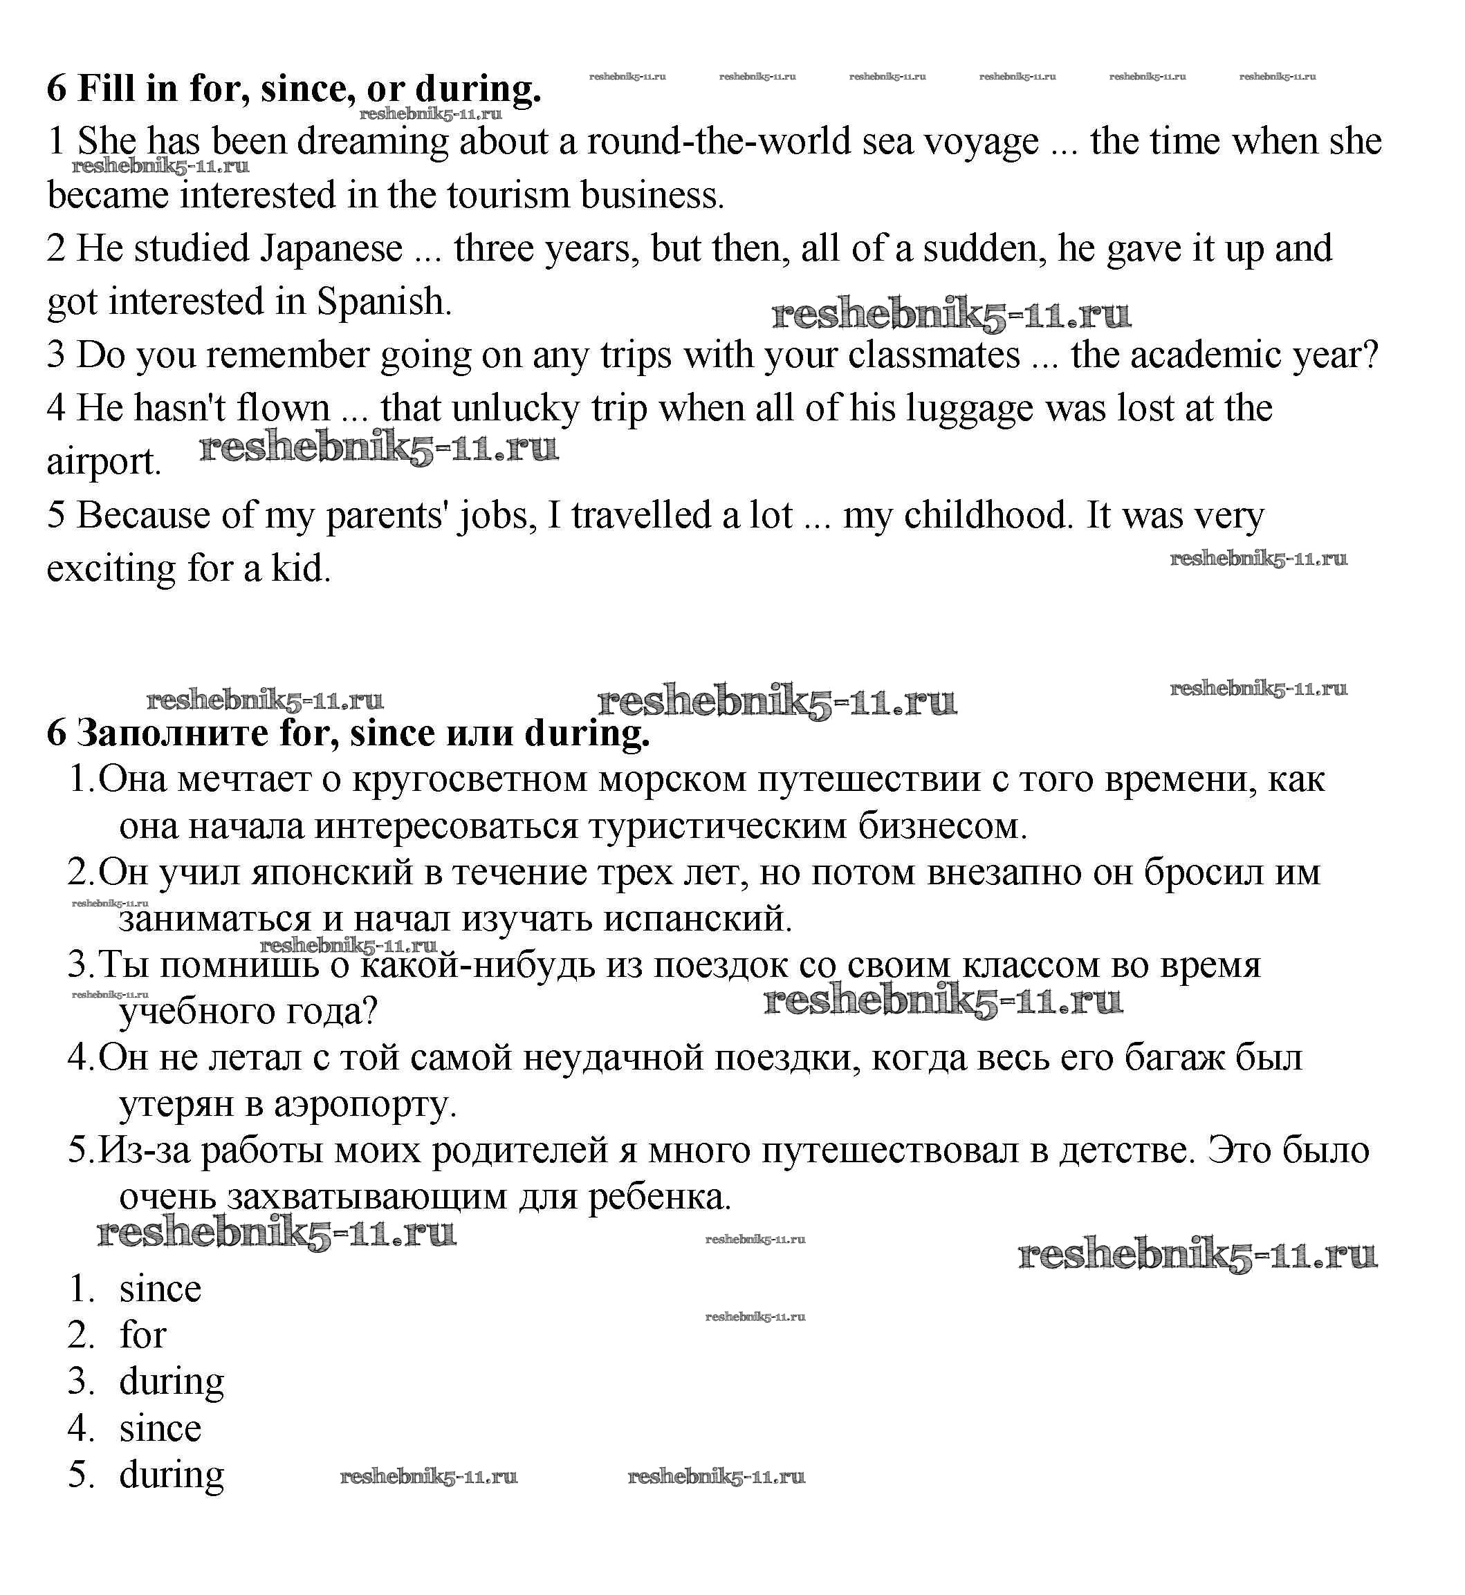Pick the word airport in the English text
(x=103, y=463)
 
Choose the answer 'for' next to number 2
(x=142, y=1335)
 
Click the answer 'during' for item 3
(x=172, y=1382)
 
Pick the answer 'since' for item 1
(x=160, y=1289)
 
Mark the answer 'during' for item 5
(x=172, y=1475)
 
